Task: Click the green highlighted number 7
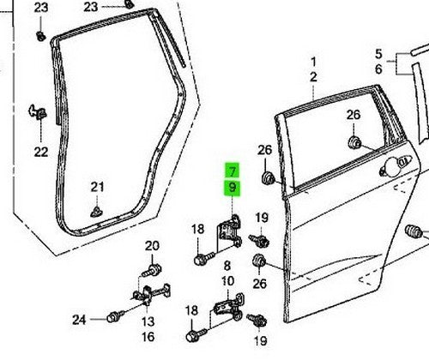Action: pyautogui.click(x=233, y=171)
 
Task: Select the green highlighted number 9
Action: pyautogui.click(x=233, y=188)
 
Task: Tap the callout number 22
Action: pyautogui.click(x=41, y=152)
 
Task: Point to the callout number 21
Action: pyautogui.click(x=97, y=187)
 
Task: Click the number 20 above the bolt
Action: pyautogui.click(x=152, y=246)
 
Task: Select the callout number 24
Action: pyautogui.click(x=79, y=320)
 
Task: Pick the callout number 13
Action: pyautogui.click(x=148, y=321)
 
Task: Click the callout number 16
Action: pyautogui.click(x=148, y=337)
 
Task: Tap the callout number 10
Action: pyautogui.click(x=228, y=281)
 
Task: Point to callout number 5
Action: pyautogui.click(x=378, y=54)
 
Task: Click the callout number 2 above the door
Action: pyautogui.click(x=313, y=77)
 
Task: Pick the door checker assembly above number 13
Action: pyautogui.click(x=150, y=296)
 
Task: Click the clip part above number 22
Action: pyautogui.click(x=38, y=111)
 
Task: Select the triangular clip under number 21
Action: pyautogui.click(x=96, y=212)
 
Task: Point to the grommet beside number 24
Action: pyautogui.click(x=114, y=316)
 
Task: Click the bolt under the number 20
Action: pyautogui.click(x=152, y=270)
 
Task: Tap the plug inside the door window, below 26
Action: pyautogui.click(x=354, y=142)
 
